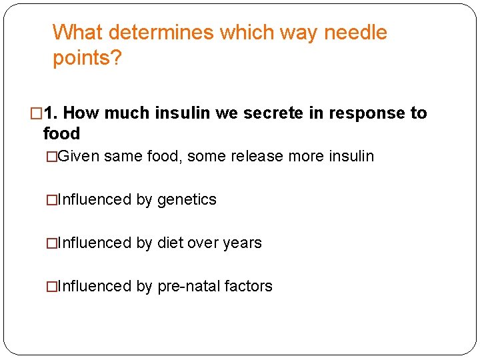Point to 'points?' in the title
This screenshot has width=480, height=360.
click(x=87, y=59)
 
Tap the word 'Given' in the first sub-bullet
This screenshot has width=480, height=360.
click(x=79, y=157)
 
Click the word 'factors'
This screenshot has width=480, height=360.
click(x=249, y=286)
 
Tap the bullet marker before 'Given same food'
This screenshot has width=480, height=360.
click(x=51, y=157)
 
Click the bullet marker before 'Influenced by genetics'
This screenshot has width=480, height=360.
click(x=51, y=199)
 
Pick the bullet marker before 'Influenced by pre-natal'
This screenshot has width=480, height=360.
click(x=51, y=286)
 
